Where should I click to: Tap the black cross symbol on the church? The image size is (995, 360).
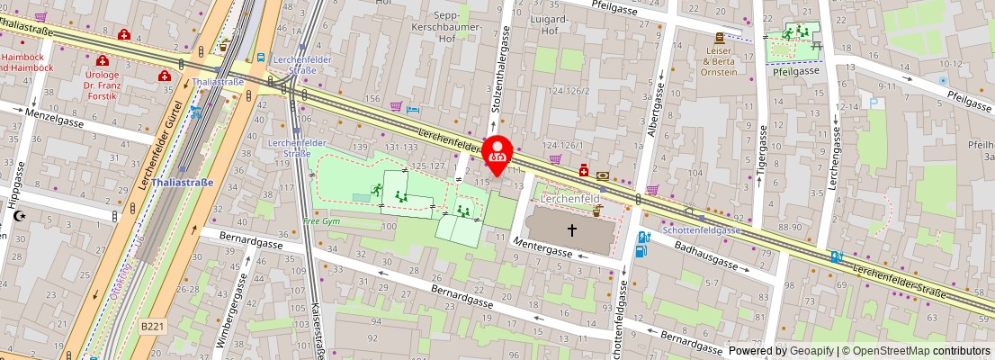(x=570, y=229)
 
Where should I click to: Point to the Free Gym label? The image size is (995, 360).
(x=321, y=220)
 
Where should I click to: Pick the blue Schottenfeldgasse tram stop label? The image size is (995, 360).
(x=701, y=230)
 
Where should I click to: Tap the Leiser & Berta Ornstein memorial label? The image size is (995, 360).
(x=719, y=62)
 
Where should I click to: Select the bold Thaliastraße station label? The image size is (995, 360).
(x=183, y=182)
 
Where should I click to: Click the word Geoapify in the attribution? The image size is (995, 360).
(x=811, y=351)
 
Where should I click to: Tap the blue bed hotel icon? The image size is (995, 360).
(x=413, y=108)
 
